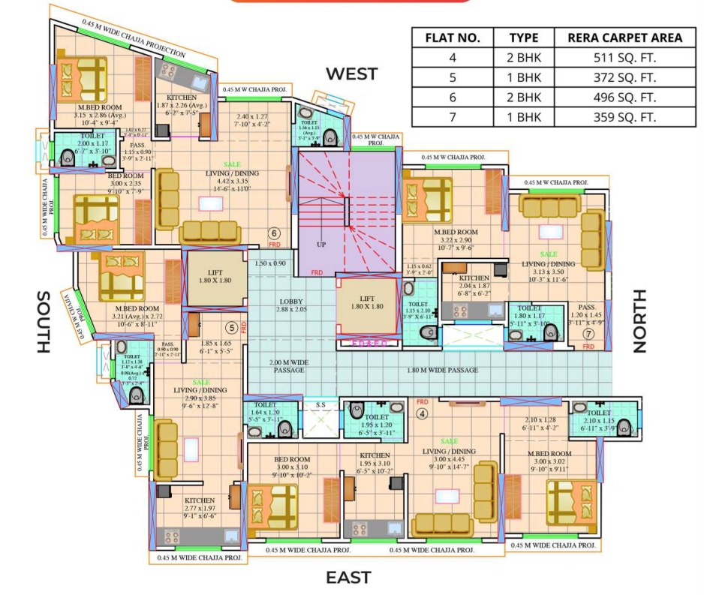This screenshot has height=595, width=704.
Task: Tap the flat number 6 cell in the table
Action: [453, 98]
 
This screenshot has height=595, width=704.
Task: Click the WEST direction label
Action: [351, 74]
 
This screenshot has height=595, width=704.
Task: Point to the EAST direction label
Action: [348, 577]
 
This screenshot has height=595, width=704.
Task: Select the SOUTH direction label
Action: [42, 321]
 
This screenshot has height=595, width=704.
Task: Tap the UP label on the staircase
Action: [322, 245]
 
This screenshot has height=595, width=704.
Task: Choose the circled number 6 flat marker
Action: [275, 233]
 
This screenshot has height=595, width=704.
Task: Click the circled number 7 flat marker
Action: [588, 333]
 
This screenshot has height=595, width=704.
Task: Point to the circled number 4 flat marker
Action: [422, 413]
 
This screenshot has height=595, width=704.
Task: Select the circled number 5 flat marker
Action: [232, 327]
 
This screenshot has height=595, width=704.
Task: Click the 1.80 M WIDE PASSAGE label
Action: [442, 370]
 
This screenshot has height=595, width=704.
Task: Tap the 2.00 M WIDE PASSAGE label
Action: [289, 366]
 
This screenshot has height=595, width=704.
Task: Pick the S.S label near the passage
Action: [320, 405]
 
